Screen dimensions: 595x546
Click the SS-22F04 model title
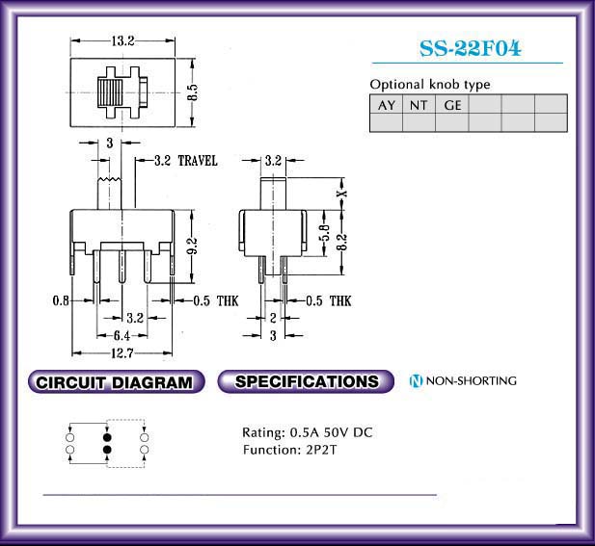(x=471, y=48)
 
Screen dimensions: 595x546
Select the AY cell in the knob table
(x=387, y=104)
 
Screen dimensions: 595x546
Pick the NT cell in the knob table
(x=419, y=104)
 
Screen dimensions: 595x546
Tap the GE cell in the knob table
(x=452, y=104)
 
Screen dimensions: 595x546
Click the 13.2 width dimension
(x=122, y=40)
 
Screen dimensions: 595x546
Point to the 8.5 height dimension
(x=193, y=92)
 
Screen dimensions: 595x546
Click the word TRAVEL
(x=198, y=161)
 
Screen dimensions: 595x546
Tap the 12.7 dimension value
(x=122, y=353)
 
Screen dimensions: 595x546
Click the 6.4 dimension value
(x=122, y=335)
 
